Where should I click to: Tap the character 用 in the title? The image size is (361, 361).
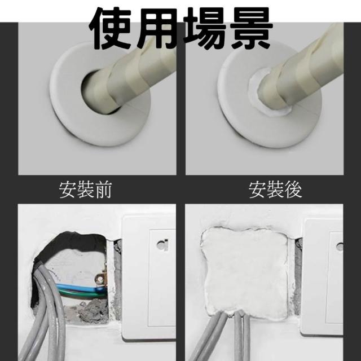(x=157, y=29)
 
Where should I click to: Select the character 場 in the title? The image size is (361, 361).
(x=203, y=29)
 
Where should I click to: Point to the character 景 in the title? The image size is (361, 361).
(x=249, y=29)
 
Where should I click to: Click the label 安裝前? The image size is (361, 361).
(x=85, y=190)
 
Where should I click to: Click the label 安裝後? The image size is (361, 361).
(x=275, y=190)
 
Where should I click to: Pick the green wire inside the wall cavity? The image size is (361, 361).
(x=81, y=294)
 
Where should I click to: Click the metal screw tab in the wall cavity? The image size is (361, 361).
(x=102, y=279)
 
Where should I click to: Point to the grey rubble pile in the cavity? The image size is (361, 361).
(x=92, y=309)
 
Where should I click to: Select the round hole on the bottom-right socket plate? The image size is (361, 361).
(x=340, y=246)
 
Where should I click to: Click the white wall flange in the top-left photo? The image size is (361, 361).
(x=69, y=115)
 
